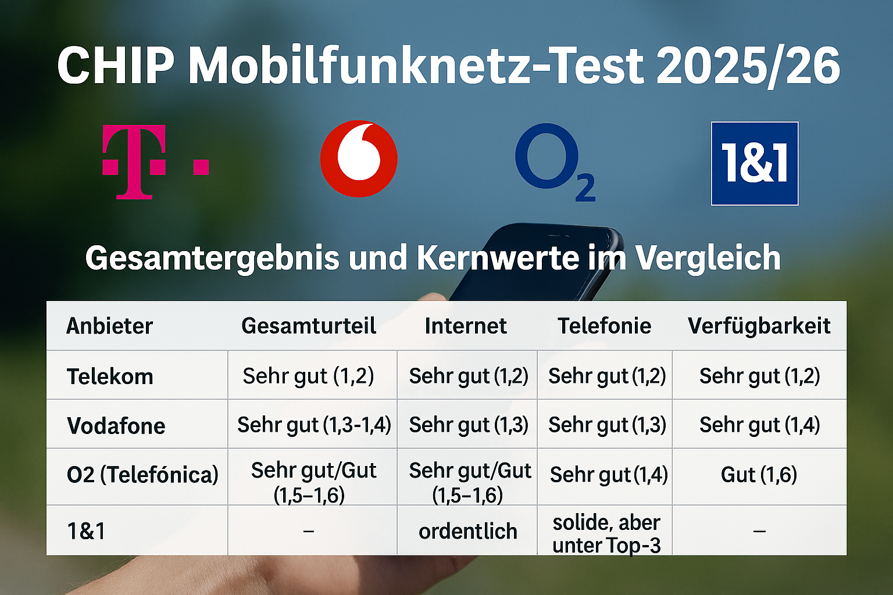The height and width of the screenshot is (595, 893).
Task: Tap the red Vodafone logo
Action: coord(359,159)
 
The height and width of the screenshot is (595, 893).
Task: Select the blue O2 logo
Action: coord(554,162)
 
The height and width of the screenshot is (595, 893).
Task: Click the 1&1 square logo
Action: coord(755,163)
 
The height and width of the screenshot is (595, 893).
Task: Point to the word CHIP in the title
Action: coord(115,65)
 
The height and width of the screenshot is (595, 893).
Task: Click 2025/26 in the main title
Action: coord(748,65)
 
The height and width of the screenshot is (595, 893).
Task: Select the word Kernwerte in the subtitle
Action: coord(498,258)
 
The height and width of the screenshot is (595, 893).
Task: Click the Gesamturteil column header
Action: coord(309,326)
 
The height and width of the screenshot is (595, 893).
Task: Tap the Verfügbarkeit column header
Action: coord(759,326)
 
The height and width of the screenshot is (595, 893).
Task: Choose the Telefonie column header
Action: coord(604,326)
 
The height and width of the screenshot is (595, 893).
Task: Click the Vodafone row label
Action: coord(116,426)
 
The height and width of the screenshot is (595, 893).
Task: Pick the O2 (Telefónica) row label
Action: coord(142,475)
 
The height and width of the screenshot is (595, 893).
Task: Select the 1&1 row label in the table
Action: coord(86,531)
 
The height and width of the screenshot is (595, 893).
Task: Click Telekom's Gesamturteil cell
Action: coord(308,376)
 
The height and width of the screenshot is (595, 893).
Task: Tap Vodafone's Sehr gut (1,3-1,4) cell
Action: coord(314,425)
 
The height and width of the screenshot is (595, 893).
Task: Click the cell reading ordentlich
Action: coord(467,531)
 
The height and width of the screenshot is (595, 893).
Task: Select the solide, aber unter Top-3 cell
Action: coord(606,533)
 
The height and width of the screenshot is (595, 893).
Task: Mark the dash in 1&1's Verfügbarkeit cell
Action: coord(759,531)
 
